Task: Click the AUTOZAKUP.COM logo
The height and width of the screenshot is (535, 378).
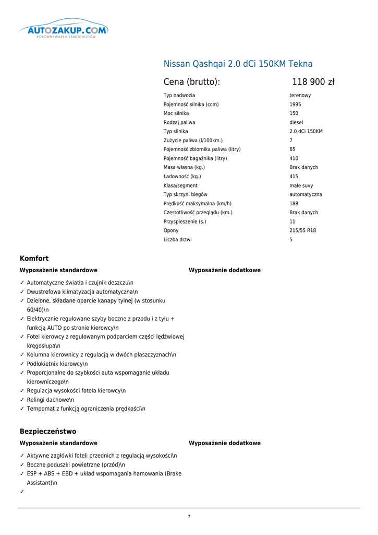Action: [63, 31]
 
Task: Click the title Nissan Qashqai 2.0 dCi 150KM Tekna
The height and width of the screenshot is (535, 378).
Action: [238, 64]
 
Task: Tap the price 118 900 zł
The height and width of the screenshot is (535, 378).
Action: [313, 82]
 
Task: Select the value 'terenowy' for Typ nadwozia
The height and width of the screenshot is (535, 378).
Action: [300, 96]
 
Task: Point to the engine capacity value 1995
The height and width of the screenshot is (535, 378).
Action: [295, 104]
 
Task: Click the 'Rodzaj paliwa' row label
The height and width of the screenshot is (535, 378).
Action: [179, 123]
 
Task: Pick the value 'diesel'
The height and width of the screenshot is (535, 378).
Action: [296, 123]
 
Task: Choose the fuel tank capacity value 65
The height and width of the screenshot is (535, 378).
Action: [292, 149]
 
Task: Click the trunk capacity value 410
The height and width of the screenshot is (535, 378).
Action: [294, 158]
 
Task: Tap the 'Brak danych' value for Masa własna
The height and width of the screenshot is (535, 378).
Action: [303, 168]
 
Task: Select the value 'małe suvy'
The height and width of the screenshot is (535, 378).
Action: [301, 185]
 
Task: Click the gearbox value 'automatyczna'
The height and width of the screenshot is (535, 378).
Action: [306, 194]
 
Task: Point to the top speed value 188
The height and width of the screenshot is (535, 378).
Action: [294, 204]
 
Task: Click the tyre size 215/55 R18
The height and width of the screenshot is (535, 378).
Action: [302, 230]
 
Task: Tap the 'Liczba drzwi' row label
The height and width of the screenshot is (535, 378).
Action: [177, 240]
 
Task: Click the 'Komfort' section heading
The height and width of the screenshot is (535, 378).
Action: [34, 259]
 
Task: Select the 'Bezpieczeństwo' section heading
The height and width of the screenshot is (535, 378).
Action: [48, 432]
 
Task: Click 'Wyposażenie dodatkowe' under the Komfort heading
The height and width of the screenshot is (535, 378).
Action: [224, 270]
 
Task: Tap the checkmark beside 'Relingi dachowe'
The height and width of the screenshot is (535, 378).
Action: [22, 400]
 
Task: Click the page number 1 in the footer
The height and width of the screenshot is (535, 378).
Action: [189, 517]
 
